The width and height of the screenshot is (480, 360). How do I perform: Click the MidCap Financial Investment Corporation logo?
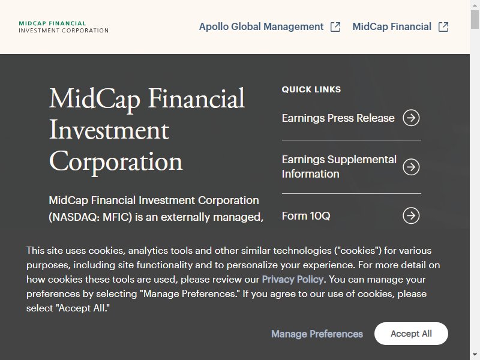click(64, 27)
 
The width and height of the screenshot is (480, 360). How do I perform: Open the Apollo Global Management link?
click(261, 26)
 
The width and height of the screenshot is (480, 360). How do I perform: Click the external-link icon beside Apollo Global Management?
click(335, 27)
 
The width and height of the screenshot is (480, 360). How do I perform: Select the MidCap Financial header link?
click(392, 26)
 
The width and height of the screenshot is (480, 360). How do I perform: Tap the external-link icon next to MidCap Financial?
click(443, 27)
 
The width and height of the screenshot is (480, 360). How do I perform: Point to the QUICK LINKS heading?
click(311, 89)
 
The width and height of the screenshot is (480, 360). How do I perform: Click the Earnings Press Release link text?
click(338, 118)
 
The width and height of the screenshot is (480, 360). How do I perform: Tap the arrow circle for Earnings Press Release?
click(411, 118)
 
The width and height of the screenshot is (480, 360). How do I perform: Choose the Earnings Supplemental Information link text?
click(339, 167)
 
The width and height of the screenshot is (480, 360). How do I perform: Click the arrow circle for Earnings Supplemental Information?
click(411, 167)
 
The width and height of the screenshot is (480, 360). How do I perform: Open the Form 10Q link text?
click(306, 216)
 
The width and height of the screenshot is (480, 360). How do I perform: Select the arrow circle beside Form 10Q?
click(411, 215)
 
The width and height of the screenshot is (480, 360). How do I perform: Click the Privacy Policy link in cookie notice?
click(293, 280)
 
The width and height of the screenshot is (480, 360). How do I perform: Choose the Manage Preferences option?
click(317, 334)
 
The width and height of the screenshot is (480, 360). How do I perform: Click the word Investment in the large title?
click(109, 130)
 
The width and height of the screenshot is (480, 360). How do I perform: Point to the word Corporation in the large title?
click(116, 162)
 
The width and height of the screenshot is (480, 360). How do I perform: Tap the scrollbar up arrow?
click(475, 5)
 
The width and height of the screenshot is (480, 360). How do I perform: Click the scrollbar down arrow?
click(475, 355)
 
